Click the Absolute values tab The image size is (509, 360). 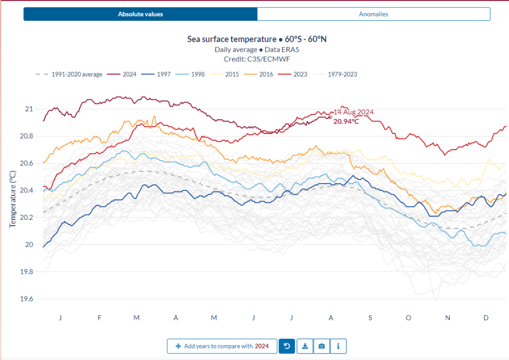pos(140,14)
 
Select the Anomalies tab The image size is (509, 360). pos(373,14)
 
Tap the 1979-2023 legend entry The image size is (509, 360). pos(342,74)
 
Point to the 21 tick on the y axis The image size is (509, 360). pos(29,109)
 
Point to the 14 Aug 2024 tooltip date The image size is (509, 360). pos(353,112)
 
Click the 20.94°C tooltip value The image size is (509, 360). pos(346,121)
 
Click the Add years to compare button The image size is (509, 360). pos(222,346)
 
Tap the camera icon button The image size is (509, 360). pos(322,346)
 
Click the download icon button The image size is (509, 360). pos(305,346)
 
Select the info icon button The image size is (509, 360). pos(338,346)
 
